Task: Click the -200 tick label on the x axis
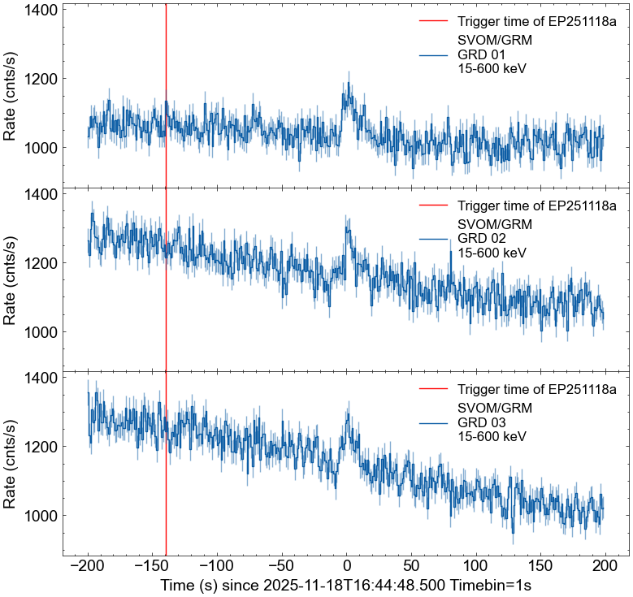87,566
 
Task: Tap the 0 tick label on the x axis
347,566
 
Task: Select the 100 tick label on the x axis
476,566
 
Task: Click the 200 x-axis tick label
605,566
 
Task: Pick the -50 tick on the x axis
282,566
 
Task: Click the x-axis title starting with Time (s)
345,585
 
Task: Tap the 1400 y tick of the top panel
39,10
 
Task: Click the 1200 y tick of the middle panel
39,263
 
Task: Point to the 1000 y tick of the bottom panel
39,516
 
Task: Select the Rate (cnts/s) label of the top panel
11,95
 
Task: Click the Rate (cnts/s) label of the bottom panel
11,463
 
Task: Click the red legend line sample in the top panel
434,21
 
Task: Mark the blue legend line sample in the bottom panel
434,422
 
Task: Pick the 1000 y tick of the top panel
39,148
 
